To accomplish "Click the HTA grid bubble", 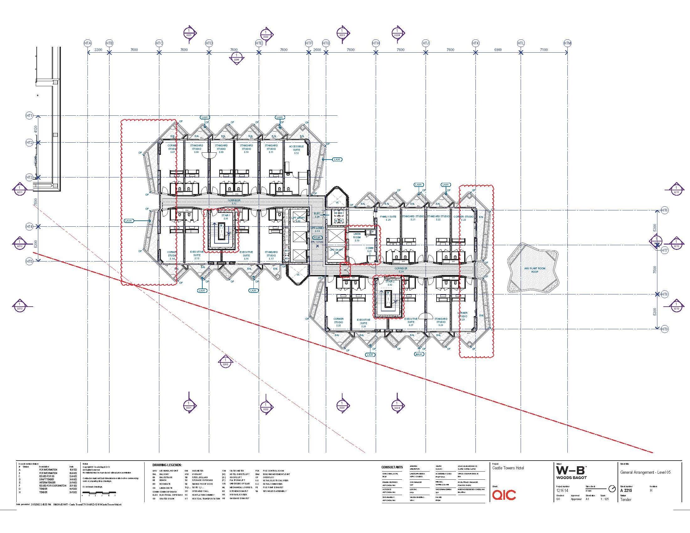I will [88, 43].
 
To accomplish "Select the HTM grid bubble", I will [568, 43].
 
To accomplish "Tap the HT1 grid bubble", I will [29, 116].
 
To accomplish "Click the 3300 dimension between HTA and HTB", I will [98, 50].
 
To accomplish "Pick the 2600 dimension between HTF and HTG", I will [317, 50].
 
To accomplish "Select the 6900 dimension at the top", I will [498, 50].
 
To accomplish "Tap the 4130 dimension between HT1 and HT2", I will [36, 129].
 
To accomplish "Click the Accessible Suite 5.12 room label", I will [296, 150].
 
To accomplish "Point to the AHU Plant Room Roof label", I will [534, 270].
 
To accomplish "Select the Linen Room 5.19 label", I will [357, 237].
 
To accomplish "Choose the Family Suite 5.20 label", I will [388, 218].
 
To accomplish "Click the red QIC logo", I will [504, 495].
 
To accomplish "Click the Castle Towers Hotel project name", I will [508, 468].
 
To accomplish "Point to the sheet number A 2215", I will [626, 491].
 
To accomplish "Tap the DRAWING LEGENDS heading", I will [167, 465].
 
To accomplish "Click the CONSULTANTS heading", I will [392, 467].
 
